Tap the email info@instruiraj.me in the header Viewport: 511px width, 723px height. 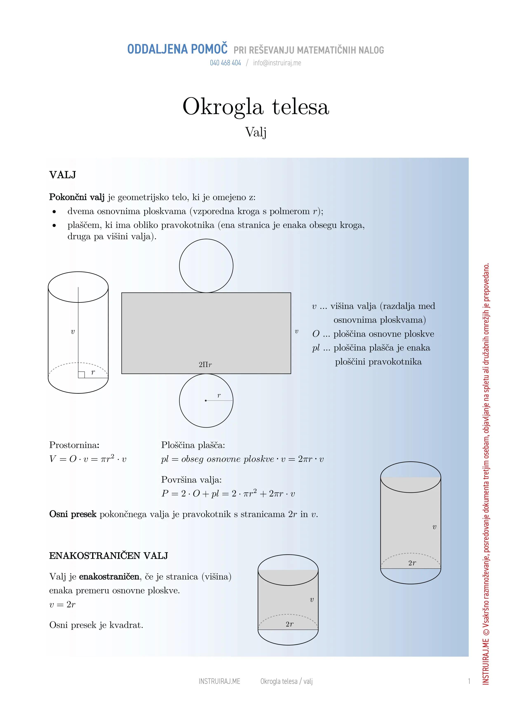tap(277, 63)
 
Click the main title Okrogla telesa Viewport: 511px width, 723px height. tap(256, 106)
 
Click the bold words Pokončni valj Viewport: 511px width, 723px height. tap(76, 197)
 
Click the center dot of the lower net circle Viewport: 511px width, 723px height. tap(206, 400)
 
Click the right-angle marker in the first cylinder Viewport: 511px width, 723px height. tap(81, 375)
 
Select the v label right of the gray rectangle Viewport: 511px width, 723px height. tap(296, 332)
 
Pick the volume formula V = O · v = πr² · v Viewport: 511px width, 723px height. tap(88, 459)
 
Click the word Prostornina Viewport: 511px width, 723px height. tap(74, 445)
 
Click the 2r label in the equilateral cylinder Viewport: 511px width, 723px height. tap(289, 624)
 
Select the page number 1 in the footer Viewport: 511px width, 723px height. tap(469, 681)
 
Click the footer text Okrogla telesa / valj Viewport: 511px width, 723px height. tap(286, 681)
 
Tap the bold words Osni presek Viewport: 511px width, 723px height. tap(73, 514)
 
